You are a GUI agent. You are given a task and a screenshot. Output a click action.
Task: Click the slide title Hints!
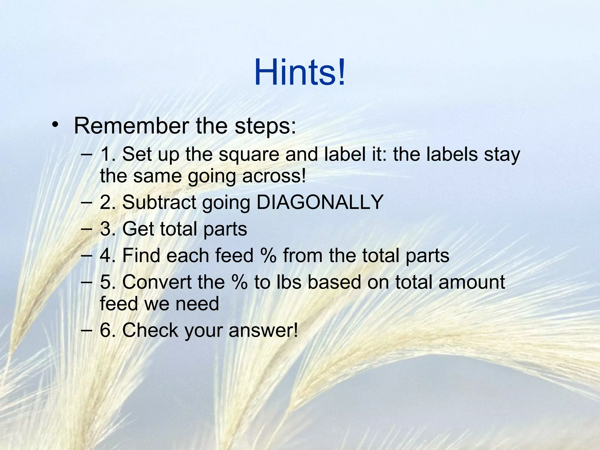[300, 72]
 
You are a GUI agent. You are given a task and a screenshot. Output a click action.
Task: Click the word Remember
[131, 126]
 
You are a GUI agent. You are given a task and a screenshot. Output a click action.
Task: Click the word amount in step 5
[472, 282]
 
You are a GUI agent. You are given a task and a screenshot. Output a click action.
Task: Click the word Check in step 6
[150, 330]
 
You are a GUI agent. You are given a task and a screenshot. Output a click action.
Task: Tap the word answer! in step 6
[263, 330]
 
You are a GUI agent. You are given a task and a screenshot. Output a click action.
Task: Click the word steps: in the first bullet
[265, 126]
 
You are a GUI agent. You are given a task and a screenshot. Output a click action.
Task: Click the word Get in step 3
[137, 229]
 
